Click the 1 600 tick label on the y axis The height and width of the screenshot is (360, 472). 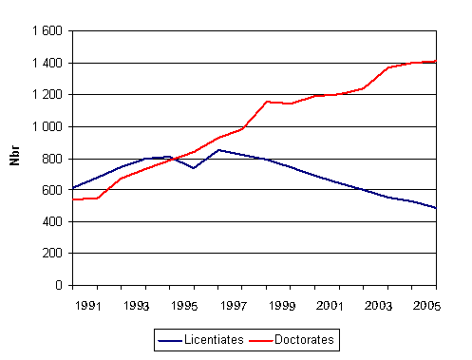(46, 31)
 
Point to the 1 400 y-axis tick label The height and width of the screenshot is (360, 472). (46, 64)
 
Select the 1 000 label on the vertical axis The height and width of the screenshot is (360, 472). (46, 127)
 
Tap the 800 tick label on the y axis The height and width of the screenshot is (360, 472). (51, 159)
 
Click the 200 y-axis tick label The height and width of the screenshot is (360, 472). (51, 254)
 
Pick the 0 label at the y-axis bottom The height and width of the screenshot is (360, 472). (58, 285)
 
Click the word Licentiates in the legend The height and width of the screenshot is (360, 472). (218, 338)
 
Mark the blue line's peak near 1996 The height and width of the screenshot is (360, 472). (219, 149)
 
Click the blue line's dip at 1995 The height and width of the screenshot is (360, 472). (195, 168)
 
